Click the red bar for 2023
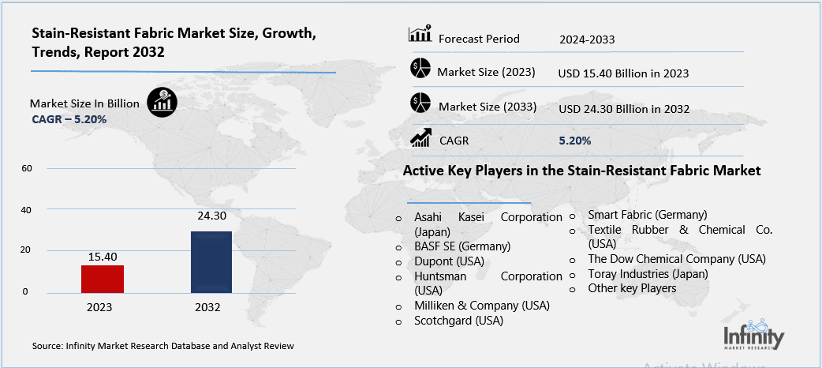pos(102,278)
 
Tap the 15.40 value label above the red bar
pos(103,256)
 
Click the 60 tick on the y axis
pos(26,169)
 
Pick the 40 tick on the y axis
pos(26,210)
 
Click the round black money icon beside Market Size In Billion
pos(163,102)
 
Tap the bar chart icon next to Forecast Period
pos(420,35)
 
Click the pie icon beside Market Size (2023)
pos(420,69)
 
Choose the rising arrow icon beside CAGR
pos(420,140)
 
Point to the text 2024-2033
pos(587,39)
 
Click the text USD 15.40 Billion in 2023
pos(623,73)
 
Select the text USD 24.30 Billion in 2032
pos(623,108)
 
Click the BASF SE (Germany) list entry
pos(462,246)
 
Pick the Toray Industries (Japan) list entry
pos(648,273)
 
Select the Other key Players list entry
pos(632,288)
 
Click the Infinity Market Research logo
pos(753,335)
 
